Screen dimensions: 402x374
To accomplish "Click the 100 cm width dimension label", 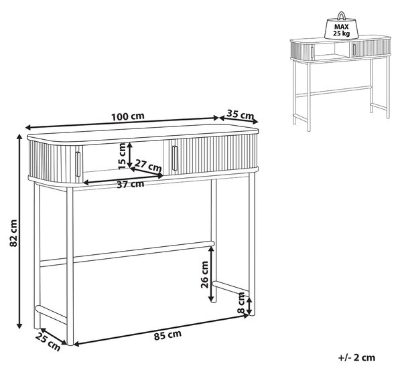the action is click(x=128, y=116).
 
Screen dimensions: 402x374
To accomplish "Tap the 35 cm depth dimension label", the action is click(x=241, y=114).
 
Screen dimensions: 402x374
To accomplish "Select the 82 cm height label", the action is click(x=13, y=233).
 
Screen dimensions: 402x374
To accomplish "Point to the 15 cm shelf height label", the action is click(x=123, y=156).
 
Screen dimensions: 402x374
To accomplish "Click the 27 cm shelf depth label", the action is click(x=148, y=165).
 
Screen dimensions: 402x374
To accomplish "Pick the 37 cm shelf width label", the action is click(x=130, y=184).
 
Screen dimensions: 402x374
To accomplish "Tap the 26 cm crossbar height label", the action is click(x=204, y=274).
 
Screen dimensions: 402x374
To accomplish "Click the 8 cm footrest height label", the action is click(x=241, y=303).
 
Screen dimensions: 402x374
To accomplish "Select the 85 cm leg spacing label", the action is click(x=167, y=335).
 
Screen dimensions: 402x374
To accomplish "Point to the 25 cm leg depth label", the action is click(x=48, y=343).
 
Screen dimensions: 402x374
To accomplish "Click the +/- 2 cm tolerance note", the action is click(x=356, y=357).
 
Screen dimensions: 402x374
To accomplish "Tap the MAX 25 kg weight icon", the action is click(x=341, y=25).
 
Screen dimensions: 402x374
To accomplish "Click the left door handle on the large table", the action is click(x=78, y=164).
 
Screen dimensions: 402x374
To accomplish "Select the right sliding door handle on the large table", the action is click(x=175, y=158).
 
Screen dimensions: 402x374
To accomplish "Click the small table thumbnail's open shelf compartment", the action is click(x=332, y=52).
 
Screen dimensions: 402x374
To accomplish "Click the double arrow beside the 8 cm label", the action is click(x=249, y=305).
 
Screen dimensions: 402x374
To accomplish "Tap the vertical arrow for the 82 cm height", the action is click(x=19, y=231).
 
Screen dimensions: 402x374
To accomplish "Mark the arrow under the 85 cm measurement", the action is click(x=161, y=330).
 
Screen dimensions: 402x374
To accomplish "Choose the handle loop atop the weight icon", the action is click(x=341, y=15).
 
